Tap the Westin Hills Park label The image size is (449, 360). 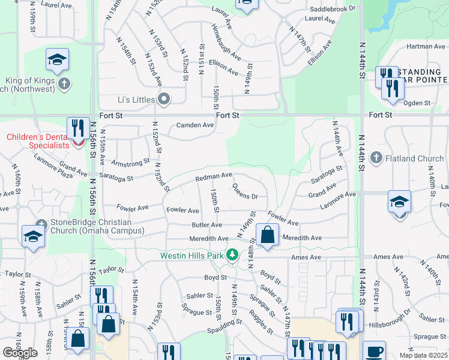click(192, 256)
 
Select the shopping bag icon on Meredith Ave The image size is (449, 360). click(268, 234)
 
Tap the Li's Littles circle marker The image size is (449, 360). click(163, 99)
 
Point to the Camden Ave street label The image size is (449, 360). click(194, 125)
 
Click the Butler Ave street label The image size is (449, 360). click(206, 225)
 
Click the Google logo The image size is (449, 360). click(20, 352)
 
